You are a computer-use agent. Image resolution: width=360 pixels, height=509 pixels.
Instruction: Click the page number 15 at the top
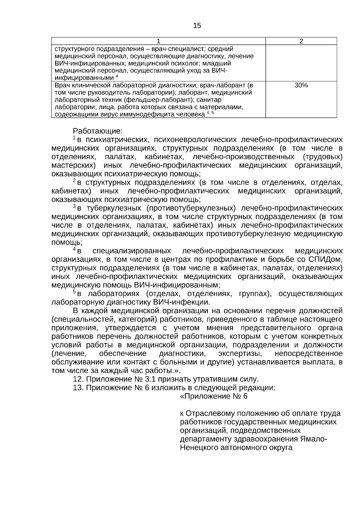tap(197, 26)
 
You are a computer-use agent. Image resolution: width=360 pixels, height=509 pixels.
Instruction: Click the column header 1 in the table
tap(158, 41)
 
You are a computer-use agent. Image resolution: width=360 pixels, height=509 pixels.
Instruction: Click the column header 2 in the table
tap(301, 41)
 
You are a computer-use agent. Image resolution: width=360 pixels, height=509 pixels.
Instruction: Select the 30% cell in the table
tap(301, 85)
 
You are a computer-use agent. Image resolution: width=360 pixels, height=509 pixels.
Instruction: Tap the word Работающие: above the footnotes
tap(97, 131)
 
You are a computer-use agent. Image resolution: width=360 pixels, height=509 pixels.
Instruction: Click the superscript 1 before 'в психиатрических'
tap(74, 138)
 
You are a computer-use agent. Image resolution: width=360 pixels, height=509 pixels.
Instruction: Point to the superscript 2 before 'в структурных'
tap(74, 181)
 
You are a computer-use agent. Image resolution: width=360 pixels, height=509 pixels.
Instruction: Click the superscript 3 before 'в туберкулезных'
tap(74, 206)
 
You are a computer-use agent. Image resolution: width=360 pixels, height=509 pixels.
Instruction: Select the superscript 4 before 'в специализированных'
tap(74, 249)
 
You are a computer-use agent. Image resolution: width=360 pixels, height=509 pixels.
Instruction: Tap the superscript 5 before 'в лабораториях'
tap(74, 292)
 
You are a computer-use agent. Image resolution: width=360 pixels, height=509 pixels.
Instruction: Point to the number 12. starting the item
tap(78, 379)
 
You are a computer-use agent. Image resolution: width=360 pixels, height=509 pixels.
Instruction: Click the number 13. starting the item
tap(78, 388)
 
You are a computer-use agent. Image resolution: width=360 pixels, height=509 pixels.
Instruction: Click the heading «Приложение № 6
tap(214, 397)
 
